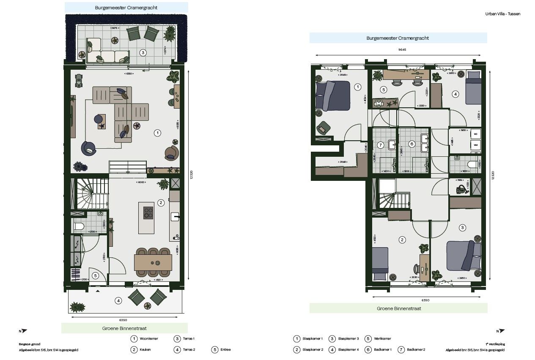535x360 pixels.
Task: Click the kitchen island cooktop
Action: pos(148,213)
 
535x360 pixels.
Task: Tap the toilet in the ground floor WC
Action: pos(79,226)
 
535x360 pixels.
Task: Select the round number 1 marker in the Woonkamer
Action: pos(157,133)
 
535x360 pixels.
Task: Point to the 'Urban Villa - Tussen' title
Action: pos(502,14)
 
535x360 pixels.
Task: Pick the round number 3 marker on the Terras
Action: pos(143,53)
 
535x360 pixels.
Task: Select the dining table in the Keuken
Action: pos(153,262)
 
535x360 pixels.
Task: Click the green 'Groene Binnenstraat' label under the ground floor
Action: pos(124,328)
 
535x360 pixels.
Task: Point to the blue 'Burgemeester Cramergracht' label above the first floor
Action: pos(398,38)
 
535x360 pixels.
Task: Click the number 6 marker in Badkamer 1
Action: pos(412,144)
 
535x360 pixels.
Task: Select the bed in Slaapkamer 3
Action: pos(464,256)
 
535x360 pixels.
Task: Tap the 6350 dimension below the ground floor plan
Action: pos(124,320)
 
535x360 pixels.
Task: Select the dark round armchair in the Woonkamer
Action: pos(89,148)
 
